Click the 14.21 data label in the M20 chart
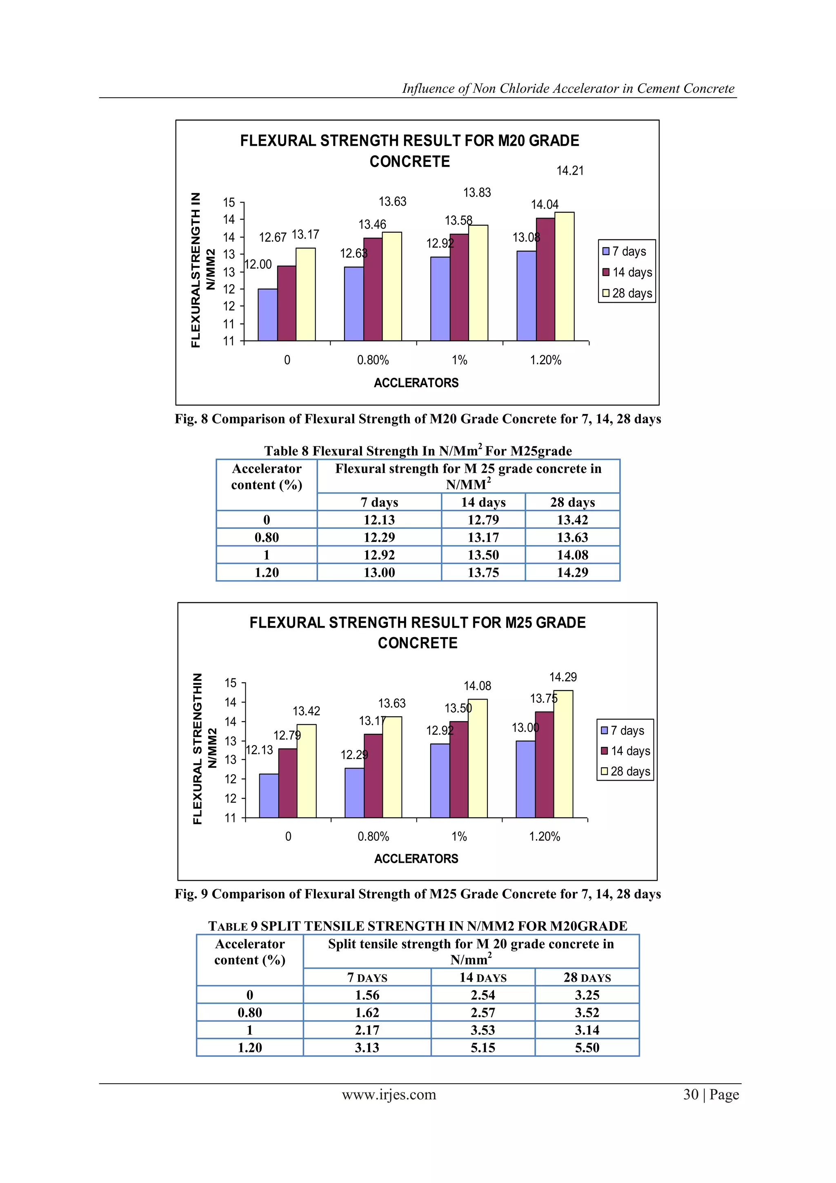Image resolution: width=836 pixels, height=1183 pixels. (570, 171)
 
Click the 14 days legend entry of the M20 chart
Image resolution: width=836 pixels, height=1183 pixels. (627, 272)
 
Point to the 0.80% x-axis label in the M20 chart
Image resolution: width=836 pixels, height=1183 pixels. (373, 360)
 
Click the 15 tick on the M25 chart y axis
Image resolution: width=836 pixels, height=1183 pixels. (230, 683)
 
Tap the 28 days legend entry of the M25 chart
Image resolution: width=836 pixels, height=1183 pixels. (625, 771)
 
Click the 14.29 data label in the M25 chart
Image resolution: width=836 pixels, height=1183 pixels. (563, 677)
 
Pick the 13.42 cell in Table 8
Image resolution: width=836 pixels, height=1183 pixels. (572, 520)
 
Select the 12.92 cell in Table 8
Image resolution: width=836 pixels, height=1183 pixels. (379, 555)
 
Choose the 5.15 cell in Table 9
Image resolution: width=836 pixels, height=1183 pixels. (482, 1047)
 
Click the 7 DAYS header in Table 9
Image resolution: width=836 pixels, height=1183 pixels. (367, 978)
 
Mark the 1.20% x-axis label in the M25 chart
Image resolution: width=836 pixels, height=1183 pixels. (544, 836)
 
